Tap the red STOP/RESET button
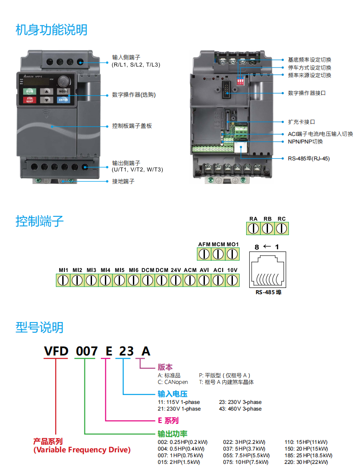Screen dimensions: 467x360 pyautogui.click(x=29, y=100)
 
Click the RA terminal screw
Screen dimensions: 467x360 pyautogui.click(x=253, y=228)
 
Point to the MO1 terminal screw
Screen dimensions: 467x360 pyautogui.click(x=232, y=254)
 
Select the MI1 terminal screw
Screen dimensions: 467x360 pyautogui.click(x=63, y=280)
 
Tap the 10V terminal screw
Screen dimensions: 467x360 pyautogui.click(x=232, y=280)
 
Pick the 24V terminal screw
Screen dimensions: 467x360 pyautogui.click(x=176, y=280)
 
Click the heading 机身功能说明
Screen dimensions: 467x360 pyautogui.click(x=51, y=30)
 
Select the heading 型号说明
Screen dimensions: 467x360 pyautogui.click(x=39, y=327)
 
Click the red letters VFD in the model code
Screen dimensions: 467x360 pyautogui.click(x=56, y=351)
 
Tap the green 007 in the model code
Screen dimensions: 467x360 pyautogui.click(x=86, y=351)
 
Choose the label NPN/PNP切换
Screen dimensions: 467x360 pyautogui.click(x=305, y=142)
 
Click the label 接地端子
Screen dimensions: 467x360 pyautogui.click(x=123, y=181)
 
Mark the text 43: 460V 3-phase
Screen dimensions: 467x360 pyautogui.click(x=240, y=409)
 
